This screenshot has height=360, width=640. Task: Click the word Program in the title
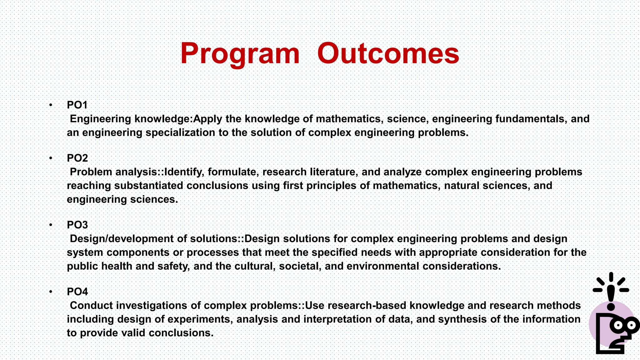240,54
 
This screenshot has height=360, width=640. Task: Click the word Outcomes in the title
388,54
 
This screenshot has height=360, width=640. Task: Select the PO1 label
77,105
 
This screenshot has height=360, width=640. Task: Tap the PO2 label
77,158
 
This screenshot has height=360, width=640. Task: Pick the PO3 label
77,225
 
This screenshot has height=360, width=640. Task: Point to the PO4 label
77,292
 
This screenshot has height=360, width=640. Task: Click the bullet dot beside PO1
51,105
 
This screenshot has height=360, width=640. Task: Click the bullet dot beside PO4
51,292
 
